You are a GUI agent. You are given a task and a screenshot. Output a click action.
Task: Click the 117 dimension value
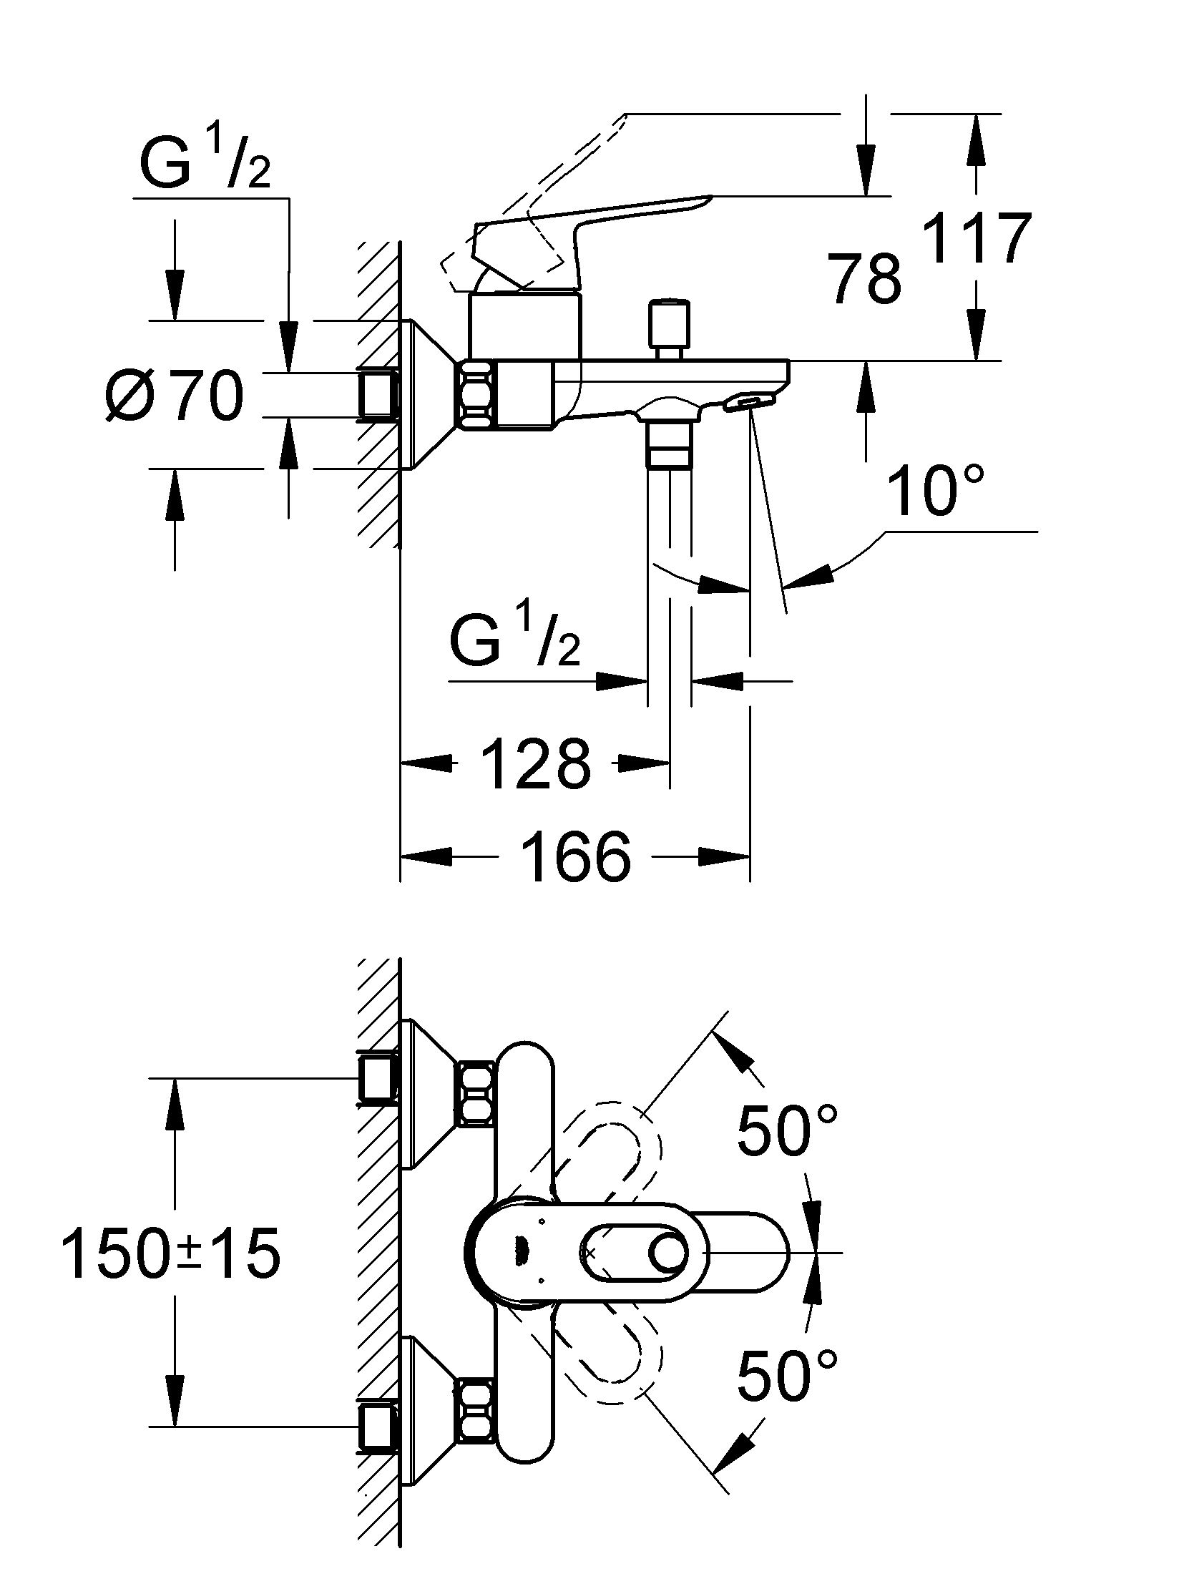coord(977,238)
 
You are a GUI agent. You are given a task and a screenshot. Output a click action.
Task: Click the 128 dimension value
coord(536,764)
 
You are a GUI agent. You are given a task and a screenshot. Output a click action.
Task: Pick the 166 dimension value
coord(576,856)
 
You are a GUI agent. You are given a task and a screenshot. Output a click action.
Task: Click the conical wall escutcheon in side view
coord(429,395)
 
